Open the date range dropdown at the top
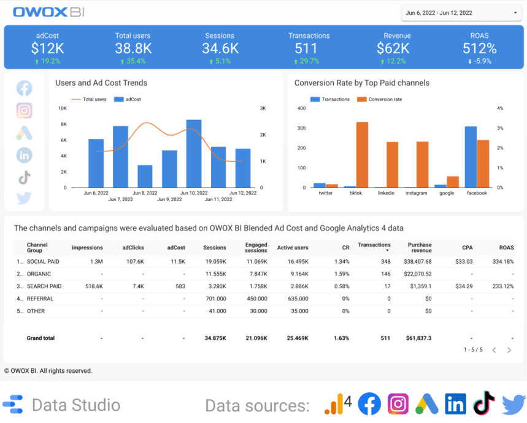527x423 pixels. (x=460, y=13)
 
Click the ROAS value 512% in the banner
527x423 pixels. (x=479, y=48)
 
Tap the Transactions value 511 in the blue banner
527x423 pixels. (x=306, y=48)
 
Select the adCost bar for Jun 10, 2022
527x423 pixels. (x=194, y=153)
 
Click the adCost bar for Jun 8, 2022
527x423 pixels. (x=145, y=176)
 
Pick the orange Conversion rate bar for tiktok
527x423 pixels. (x=362, y=154)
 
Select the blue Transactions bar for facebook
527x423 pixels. (x=471, y=157)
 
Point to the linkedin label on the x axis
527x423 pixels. (x=386, y=193)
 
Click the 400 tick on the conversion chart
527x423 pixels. (x=301, y=109)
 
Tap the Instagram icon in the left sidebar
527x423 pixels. (x=25, y=111)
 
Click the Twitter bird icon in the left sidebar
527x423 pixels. (x=25, y=198)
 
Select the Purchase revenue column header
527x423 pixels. (x=420, y=247)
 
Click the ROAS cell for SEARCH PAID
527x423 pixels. (x=501, y=286)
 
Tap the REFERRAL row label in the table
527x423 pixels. (x=40, y=299)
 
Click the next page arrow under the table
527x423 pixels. (x=509, y=350)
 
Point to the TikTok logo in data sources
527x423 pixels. (x=484, y=404)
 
